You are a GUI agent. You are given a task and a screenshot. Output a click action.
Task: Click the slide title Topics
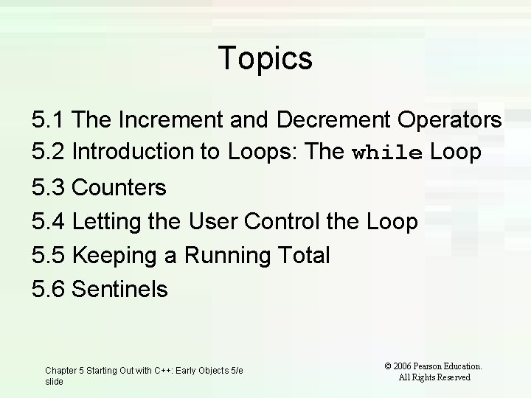click(x=265, y=58)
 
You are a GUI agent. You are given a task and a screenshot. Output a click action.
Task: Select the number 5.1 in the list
click(x=49, y=119)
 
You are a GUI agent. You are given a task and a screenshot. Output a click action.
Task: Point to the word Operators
click(x=449, y=119)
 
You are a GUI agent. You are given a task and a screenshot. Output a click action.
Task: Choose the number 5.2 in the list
click(x=49, y=152)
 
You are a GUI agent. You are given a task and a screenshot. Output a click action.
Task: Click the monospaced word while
click(x=387, y=153)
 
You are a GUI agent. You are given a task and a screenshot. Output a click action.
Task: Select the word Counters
click(x=120, y=188)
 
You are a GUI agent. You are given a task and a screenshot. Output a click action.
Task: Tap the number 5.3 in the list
click(x=49, y=188)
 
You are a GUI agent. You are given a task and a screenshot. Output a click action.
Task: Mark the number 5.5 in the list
click(x=49, y=255)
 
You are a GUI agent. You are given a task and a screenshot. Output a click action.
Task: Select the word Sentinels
click(x=121, y=289)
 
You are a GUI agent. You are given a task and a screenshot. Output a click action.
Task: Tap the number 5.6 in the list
click(x=49, y=289)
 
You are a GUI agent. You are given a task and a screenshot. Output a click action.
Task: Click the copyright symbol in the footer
click(x=387, y=366)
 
